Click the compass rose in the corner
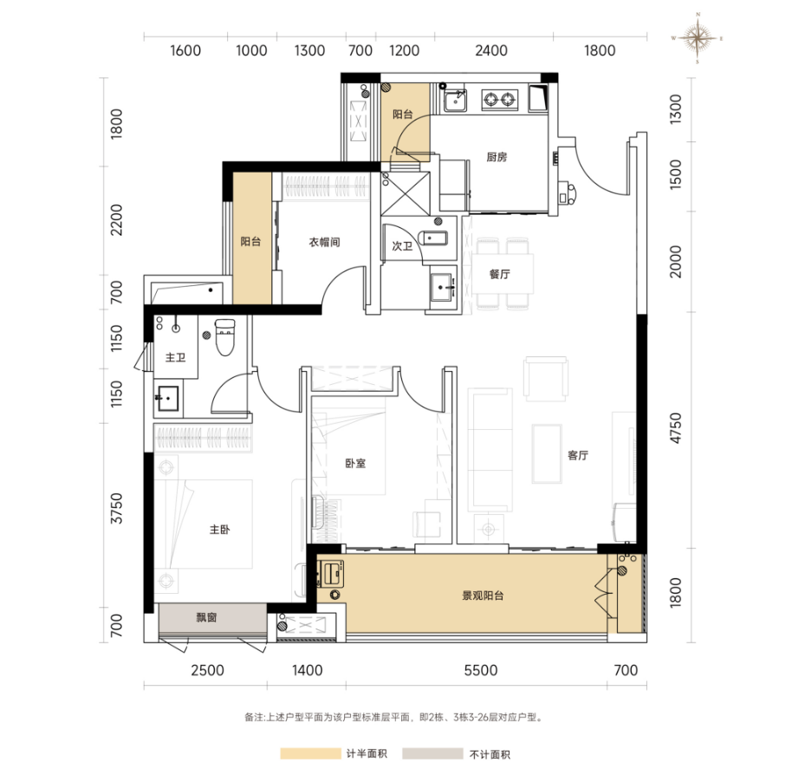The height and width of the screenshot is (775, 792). pyautogui.click(x=697, y=38)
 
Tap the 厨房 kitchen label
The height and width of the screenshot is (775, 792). pyautogui.click(x=497, y=157)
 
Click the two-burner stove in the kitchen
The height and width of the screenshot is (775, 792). pyautogui.click(x=499, y=99)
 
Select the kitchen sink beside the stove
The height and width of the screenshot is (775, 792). pyautogui.click(x=455, y=100)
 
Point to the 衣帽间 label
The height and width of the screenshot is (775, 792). pyautogui.click(x=324, y=242)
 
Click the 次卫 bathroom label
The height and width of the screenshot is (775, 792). pyautogui.click(x=402, y=246)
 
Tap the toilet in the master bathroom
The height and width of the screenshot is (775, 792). pyautogui.click(x=224, y=336)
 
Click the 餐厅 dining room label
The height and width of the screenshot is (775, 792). pyautogui.click(x=499, y=274)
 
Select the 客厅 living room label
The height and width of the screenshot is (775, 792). pyautogui.click(x=578, y=455)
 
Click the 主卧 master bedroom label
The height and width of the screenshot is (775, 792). pyautogui.click(x=220, y=530)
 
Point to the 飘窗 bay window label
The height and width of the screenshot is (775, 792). pyautogui.click(x=206, y=617)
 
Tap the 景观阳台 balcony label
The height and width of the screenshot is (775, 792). pyautogui.click(x=483, y=596)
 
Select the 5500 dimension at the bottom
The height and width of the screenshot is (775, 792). pyautogui.click(x=481, y=670)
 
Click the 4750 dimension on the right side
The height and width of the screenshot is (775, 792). pyautogui.click(x=675, y=428)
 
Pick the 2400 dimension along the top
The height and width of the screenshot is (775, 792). pyautogui.click(x=491, y=50)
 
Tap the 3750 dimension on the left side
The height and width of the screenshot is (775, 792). pyautogui.click(x=117, y=508)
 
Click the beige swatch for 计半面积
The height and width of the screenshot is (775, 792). pyautogui.click(x=310, y=754)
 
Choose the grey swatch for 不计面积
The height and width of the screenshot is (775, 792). pyautogui.click(x=433, y=754)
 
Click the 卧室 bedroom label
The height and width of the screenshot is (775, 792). pyautogui.click(x=355, y=463)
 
